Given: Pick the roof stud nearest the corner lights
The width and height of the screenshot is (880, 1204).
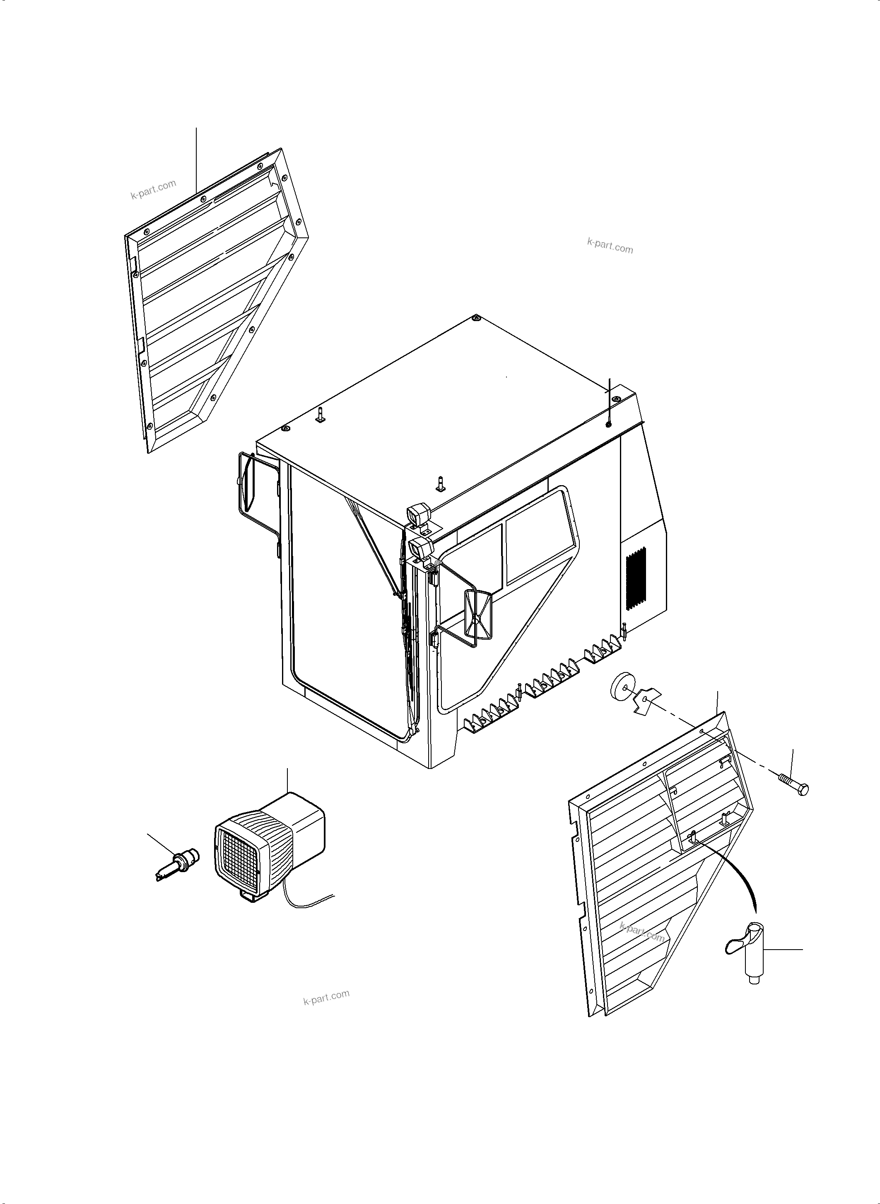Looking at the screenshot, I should pyautogui.click(x=440, y=482).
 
